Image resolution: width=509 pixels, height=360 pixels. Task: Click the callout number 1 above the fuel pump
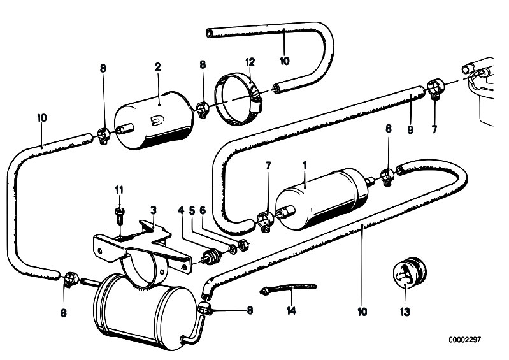tap(305, 166)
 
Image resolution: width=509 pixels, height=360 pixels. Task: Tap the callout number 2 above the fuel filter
tap(158, 67)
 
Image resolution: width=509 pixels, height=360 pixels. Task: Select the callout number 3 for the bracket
tap(154, 210)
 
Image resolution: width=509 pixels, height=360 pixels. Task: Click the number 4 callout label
tap(181, 211)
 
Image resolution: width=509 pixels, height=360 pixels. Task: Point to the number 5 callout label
tap(192, 211)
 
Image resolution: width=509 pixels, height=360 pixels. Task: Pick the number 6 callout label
tap(203, 211)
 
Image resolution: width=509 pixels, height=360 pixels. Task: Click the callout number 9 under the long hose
tap(410, 130)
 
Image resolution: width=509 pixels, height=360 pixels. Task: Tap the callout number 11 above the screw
tap(119, 190)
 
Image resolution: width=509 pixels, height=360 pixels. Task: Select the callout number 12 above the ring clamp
tap(250, 62)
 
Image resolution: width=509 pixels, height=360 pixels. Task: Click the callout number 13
tap(405, 312)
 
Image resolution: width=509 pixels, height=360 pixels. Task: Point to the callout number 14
tap(291, 311)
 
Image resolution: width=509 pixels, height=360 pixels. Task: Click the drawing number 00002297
tap(465, 340)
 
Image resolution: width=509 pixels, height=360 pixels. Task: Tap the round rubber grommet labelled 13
tap(409, 273)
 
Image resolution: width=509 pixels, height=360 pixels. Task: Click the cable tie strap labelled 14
tap(287, 288)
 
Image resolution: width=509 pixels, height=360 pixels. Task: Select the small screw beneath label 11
tap(119, 215)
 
